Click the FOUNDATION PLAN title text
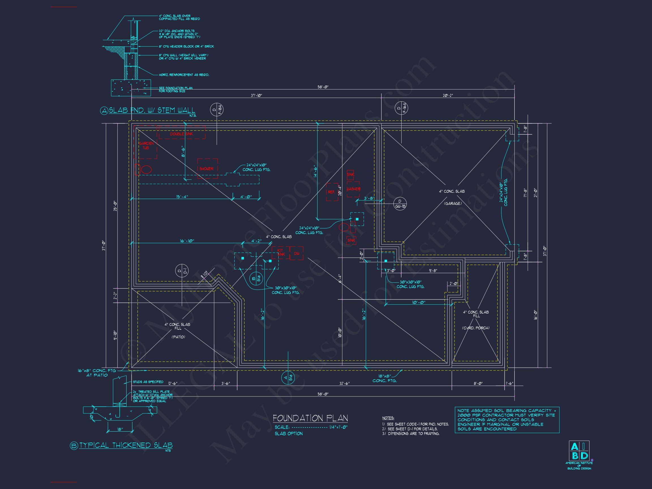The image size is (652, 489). click(310, 418)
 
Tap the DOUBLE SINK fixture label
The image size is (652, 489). click(181, 134)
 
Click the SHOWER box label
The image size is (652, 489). click(206, 169)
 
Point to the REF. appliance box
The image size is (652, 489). click(332, 192)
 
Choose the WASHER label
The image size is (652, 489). click(353, 189)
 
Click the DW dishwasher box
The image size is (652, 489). click(297, 253)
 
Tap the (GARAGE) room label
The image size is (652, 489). click(453, 203)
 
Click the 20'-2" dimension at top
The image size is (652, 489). click(448, 95)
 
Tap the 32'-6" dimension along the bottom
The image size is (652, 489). click(344, 383)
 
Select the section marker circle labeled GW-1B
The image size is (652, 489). click(400, 204)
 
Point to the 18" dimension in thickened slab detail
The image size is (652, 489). click(120, 430)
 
